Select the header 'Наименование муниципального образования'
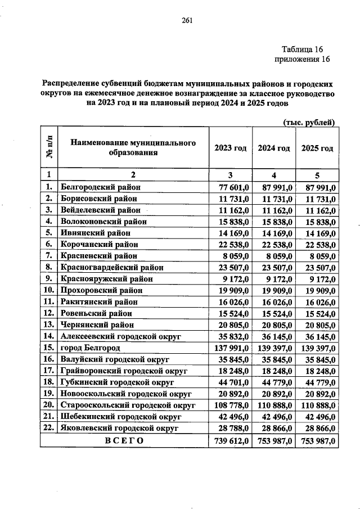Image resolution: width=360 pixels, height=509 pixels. (133, 148)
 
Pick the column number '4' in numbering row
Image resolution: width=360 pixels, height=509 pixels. (273, 174)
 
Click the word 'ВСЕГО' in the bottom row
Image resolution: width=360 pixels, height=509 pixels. (125, 442)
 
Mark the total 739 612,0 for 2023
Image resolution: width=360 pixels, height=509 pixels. (231, 442)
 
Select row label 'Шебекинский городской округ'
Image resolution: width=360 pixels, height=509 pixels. (120, 417)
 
